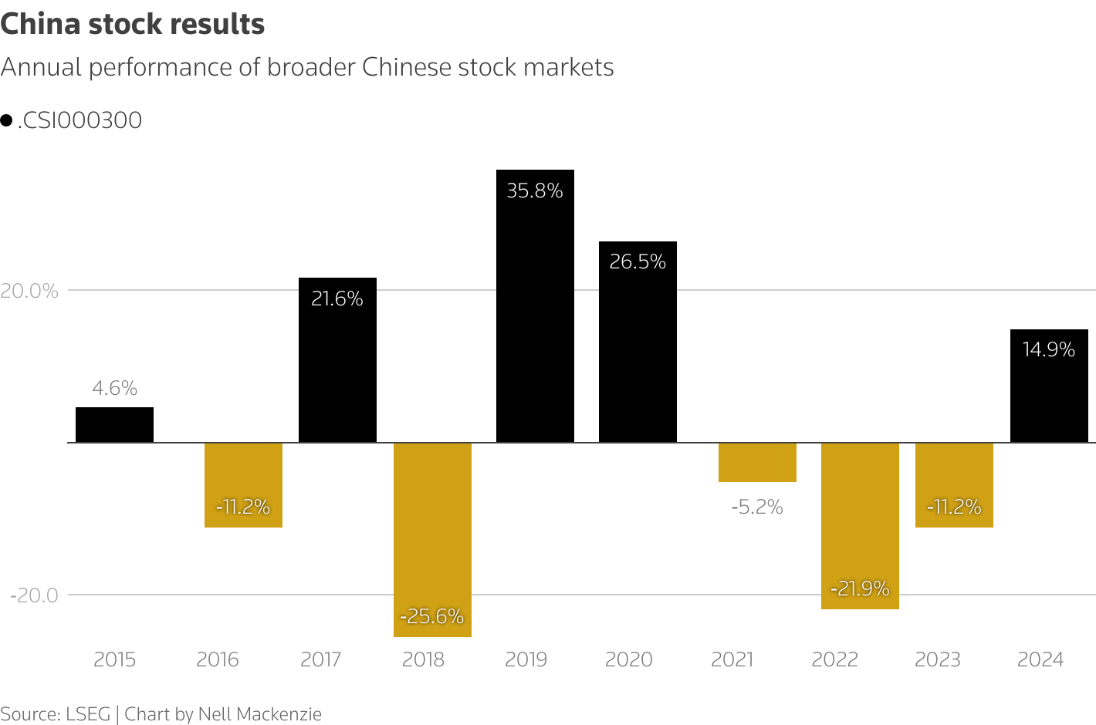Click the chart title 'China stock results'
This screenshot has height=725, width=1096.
point(133,25)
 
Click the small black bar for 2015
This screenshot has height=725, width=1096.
point(114,425)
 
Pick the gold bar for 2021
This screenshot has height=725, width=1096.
point(757,462)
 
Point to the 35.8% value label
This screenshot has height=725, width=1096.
point(535,191)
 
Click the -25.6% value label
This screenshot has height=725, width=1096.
point(432,616)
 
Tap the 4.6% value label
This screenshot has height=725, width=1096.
point(114,388)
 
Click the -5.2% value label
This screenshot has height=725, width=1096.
point(757,507)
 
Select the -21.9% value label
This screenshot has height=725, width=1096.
point(860,588)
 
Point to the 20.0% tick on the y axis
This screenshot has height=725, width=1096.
point(30,291)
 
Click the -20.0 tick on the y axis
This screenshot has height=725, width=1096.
point(34,595)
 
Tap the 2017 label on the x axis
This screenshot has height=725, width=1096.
point(320,659)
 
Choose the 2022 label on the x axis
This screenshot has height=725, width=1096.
point(835,659)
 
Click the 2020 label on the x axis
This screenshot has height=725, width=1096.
point(629,659)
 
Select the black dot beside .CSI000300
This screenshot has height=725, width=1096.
point(6,120)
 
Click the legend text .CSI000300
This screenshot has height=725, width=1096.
point(79,120)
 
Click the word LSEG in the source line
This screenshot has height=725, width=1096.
point(88,714)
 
